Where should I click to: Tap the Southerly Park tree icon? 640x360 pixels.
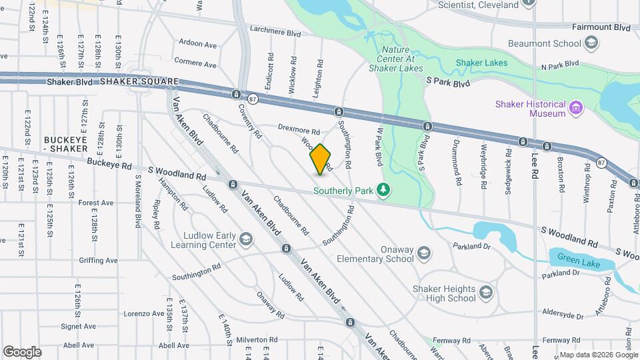(383, 191)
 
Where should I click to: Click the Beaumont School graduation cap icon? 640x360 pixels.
(590, 44)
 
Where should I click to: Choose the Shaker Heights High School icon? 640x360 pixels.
(486, 293)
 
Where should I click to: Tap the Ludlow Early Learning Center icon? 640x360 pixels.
(246, 239)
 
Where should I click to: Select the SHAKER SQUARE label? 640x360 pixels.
(139, 81)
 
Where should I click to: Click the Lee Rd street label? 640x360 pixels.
(535, 163)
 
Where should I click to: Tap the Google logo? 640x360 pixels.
(22, 351)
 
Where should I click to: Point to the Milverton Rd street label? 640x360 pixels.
(255, 339)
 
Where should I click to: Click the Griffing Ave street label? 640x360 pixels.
(97, 260)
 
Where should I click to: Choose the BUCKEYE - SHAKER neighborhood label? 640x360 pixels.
(66, 143)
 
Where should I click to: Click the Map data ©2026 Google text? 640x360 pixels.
(599, 355)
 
